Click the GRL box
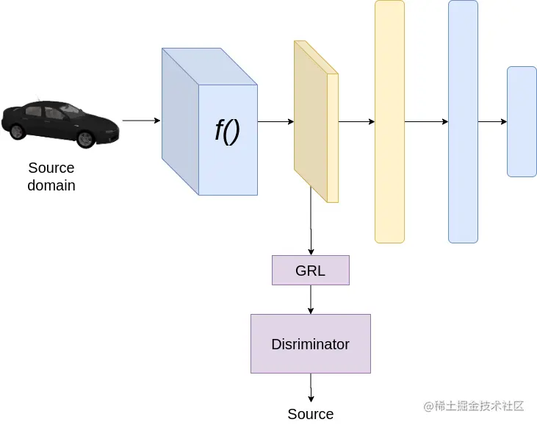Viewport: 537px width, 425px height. pos(310,270)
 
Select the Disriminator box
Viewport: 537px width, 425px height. pos(310,343)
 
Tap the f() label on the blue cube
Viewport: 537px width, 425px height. pos(228,131)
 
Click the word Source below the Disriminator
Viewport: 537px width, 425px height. pos(310,414)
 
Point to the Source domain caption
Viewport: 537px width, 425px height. pos(51,176)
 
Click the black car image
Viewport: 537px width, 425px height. pos(59,123)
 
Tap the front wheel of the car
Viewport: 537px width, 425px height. pos(85,137)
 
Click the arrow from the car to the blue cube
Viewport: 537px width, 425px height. pos(141,121)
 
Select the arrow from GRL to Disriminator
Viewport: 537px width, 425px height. pos(311,299)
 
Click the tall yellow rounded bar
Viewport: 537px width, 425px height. pos(389,121)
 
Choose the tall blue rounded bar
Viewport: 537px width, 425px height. pos(463,121)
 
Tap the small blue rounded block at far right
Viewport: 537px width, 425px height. pos(522,121)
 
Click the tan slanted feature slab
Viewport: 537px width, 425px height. pos(314,121)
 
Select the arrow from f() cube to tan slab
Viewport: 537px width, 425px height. pos(275,121)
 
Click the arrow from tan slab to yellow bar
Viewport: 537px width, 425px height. pos(356,121)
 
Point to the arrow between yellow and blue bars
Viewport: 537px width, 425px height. pos(426,121)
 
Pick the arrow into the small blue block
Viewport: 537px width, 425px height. pos(492,121)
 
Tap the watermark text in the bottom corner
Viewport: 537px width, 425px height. pos(473,406)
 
